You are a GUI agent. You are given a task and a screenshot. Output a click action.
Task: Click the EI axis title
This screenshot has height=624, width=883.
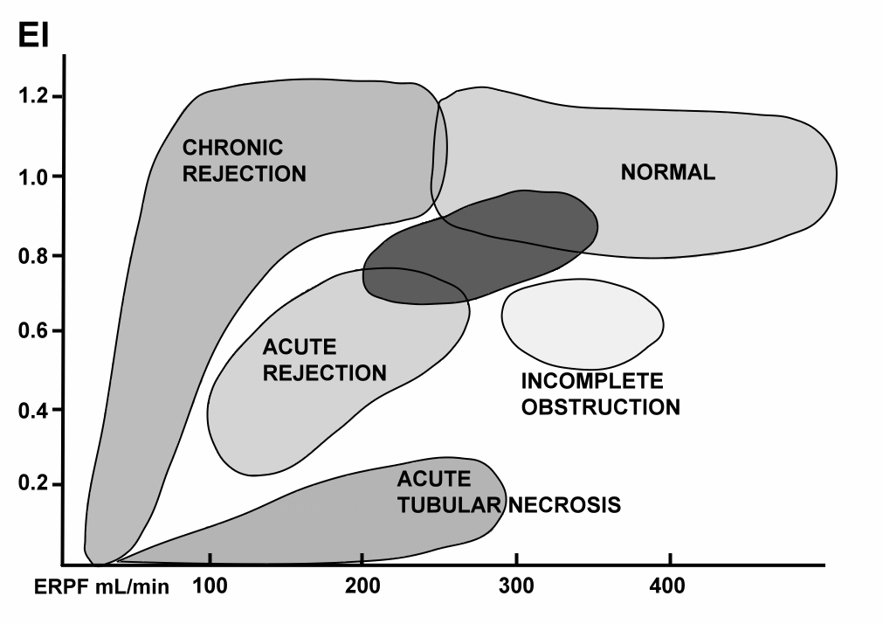pos(33,35)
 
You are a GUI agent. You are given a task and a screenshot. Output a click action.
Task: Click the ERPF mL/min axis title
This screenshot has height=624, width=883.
pos(101,586)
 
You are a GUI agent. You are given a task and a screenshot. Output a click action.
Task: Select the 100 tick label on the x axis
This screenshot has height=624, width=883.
pos(210,586)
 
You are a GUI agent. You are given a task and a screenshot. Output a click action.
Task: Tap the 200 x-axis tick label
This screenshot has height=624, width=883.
pos(362,586)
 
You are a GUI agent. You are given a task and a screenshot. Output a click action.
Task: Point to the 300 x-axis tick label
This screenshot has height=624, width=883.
pos(516,586)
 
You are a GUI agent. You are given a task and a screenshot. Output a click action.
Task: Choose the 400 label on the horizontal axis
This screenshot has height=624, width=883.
pos(667,586)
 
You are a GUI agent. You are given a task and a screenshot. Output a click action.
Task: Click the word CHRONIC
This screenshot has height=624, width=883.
pos(232,148)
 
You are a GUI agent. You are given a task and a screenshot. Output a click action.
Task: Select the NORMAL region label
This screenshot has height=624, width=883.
pos(668,172)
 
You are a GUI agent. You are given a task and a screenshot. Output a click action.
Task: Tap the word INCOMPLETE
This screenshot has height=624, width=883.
pos(592,381)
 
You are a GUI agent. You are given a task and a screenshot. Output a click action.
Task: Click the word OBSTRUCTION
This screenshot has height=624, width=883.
pos(601,407)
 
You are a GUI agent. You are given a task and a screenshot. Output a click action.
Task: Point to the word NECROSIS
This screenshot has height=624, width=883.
pos(565,505)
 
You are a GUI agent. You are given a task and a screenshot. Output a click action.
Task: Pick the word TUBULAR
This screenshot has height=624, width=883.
pos(449,505)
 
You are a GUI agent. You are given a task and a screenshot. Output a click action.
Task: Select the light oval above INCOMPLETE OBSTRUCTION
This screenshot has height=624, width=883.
pos(583,324)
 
